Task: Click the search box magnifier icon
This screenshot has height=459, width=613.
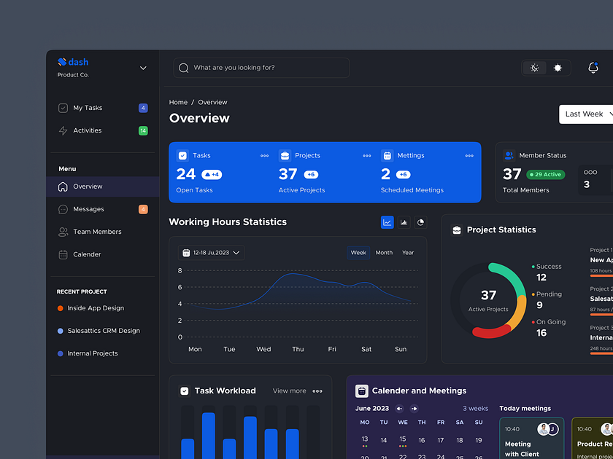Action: pyautogui.click(x=184, y=68)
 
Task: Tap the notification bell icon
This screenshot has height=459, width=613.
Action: pyautogui.click(x=593, y=68)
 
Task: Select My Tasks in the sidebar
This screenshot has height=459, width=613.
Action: pyautogui.click(x=88, y=108)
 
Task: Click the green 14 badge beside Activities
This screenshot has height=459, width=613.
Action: pyautogui.click(x=143, y=130)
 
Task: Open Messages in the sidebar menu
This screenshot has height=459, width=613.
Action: pyautogui.click(x=88, y=209)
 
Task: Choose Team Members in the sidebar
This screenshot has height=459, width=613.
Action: pyautogui.click(x=97, y=232)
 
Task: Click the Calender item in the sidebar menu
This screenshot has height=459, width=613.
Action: pyautogui.click(x=87, y=254)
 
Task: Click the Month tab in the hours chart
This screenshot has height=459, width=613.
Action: pyautogui.click(x=384, y=253)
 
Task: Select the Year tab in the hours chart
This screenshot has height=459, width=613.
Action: pyautogui.click(x=408, y=253)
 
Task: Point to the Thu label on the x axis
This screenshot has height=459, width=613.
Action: pyautogui.click(x=298, y=349)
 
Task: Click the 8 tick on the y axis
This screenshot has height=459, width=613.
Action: pyautogui.click(x=180, y=270)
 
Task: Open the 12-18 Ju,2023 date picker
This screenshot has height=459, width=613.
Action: pyautogui.click(x=211, y=253)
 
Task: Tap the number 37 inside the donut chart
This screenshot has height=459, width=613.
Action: pyautogui.click(x=488, y=295)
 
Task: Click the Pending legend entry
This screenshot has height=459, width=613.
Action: pyautogui.click(x=549, y=294)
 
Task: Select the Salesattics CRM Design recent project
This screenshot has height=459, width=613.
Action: pyautogui.click(x=103, y=331)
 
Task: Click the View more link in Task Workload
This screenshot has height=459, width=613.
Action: pyautogui.click(x=289, y=391)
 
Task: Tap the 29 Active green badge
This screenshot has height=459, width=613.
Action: pyautogui.click(x=546, y=175)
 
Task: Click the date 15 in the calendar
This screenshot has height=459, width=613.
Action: pyautogui.click(x=403, y=439)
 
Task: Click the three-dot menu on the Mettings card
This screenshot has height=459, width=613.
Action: pyautogui.click(x=469, y=156)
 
